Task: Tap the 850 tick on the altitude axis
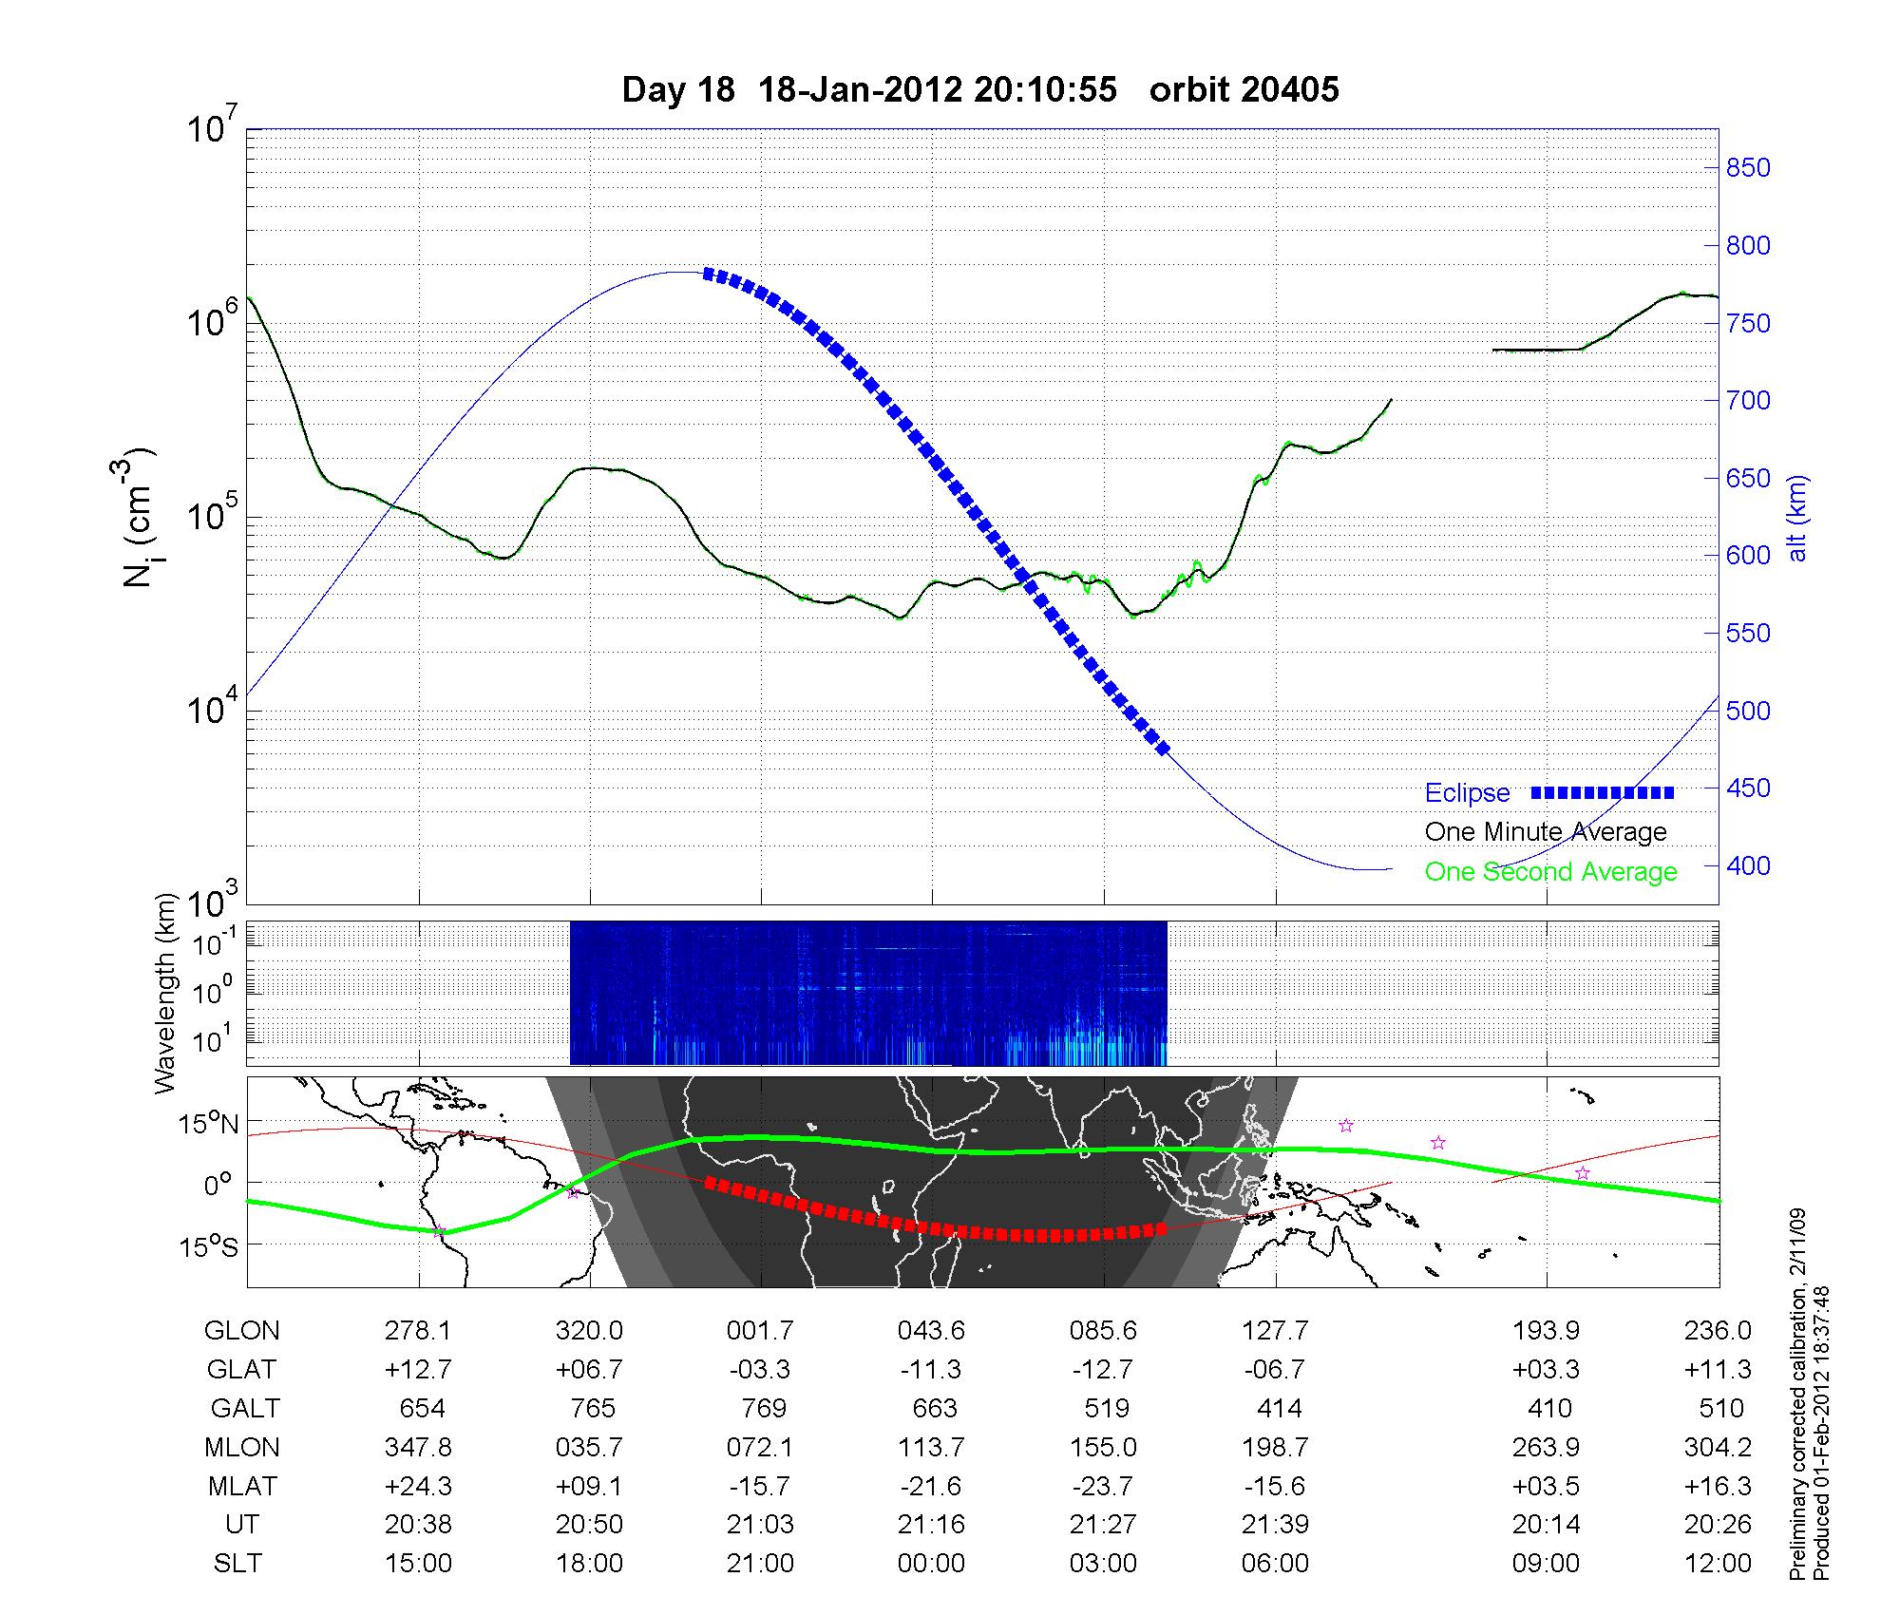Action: (1748, 168)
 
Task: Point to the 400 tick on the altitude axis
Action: (1748, 865)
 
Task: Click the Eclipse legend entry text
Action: (1467, 793)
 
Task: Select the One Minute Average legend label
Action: (1546, 832)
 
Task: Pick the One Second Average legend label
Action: (1550, 872)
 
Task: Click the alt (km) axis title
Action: (1797, 518)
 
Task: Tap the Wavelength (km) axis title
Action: (167, 993)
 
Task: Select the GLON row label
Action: (241, 1331)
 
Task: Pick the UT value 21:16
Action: (931, 1525)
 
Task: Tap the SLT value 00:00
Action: (931, 1564)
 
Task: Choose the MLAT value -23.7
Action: (1103, 1486)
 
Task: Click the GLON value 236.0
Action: (1718, 1331)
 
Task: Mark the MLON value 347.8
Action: (418, 1447)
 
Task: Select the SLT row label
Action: (237, 1564)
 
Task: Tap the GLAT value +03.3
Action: (1547, 1370)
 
